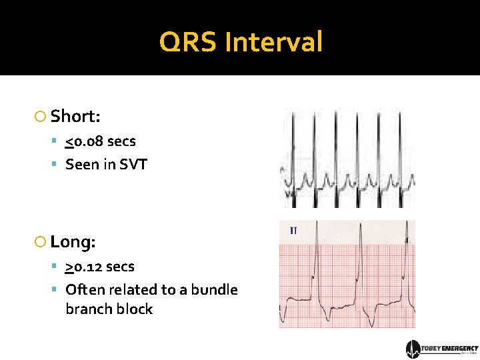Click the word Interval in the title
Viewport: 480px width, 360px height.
273,43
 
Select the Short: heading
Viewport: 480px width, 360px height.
75,116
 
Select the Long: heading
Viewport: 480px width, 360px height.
73,241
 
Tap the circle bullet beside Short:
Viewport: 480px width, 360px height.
40,117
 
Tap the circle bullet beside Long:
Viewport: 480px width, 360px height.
40,242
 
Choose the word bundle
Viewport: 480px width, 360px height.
214,289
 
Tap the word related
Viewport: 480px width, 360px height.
133,289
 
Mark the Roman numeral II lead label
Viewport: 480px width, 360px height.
293,231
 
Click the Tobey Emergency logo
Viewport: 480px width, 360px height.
442,349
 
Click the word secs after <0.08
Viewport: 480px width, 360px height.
121,141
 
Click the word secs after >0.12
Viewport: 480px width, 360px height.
120,267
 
